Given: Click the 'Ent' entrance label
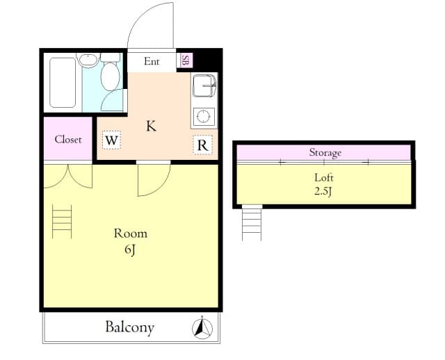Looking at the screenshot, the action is point(152,61).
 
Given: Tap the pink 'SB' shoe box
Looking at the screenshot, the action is point(185,60).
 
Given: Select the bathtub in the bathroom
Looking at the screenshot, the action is point(63,83).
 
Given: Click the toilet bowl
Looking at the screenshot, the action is point(110,76).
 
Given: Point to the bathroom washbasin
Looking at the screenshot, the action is point(88,60).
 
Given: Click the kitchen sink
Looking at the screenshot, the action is point(204,85).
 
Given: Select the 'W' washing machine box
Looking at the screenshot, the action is point(111,140).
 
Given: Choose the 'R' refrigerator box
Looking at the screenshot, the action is point(202,145).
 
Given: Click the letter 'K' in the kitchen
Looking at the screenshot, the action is point(151,126).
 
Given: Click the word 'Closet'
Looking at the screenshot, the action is point(68,139).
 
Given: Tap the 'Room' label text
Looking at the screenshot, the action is point(131,234).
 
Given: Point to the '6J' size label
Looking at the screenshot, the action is point(130,250).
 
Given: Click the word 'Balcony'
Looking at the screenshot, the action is point(130,327).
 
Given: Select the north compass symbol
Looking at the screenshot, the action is point(202,328).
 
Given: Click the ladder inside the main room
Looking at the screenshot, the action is point(62,222).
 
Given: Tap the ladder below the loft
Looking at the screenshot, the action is point(252,224).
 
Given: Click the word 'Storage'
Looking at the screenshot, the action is point(325,153).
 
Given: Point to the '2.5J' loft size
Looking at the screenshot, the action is point(323,192).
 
